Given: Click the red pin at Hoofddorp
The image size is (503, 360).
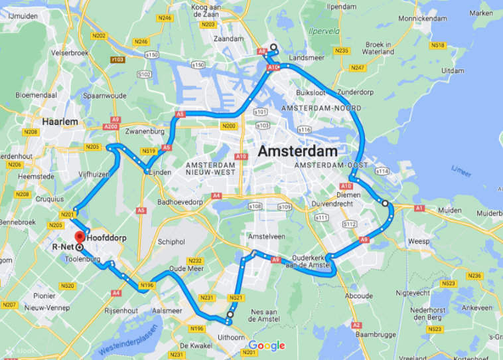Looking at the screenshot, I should (79, 237).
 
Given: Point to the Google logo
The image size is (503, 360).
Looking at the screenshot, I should (267, 345).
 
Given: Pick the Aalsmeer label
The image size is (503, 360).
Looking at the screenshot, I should (167, 310).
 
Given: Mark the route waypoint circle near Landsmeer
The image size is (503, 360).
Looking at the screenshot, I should (273, 47).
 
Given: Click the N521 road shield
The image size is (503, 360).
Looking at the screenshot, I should (237, 298).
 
